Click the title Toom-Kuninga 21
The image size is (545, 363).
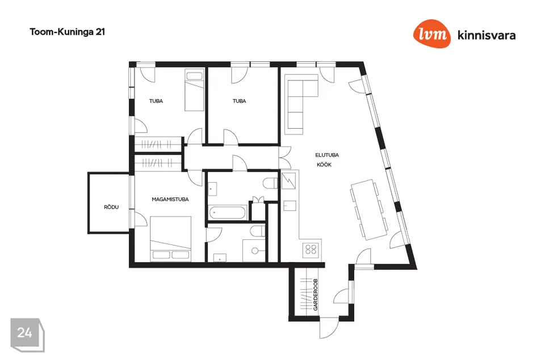[x=68, y=32]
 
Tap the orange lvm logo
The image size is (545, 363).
[x=431, y=33]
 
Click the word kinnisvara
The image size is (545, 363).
[x=487, y=35]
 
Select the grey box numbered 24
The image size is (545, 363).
[x=27, y=335]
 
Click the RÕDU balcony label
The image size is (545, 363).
[x=111, y=207]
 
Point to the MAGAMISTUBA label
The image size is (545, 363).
[x=170, y=200]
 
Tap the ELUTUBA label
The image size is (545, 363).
[x=327, y=155]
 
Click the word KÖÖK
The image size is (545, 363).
[x=324, y=164]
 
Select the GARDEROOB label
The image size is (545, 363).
[x=315, y=294]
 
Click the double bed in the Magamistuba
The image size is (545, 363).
[x=171, y=239]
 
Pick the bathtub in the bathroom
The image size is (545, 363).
[x=227, y=212]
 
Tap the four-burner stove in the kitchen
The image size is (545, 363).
[x=311, y=249]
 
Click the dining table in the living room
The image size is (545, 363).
[x=369, y=209]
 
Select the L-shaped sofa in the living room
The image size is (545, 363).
[x=301, y=104]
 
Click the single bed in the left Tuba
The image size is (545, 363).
[x=194, y=90]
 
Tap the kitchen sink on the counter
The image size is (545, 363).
[x=290, y=206]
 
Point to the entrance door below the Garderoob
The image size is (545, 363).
[x=329, y=328]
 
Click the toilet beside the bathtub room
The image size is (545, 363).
[x=270, y=183]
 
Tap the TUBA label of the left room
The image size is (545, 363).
[x=156, y=101]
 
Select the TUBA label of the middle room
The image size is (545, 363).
[x=239, y=101]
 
